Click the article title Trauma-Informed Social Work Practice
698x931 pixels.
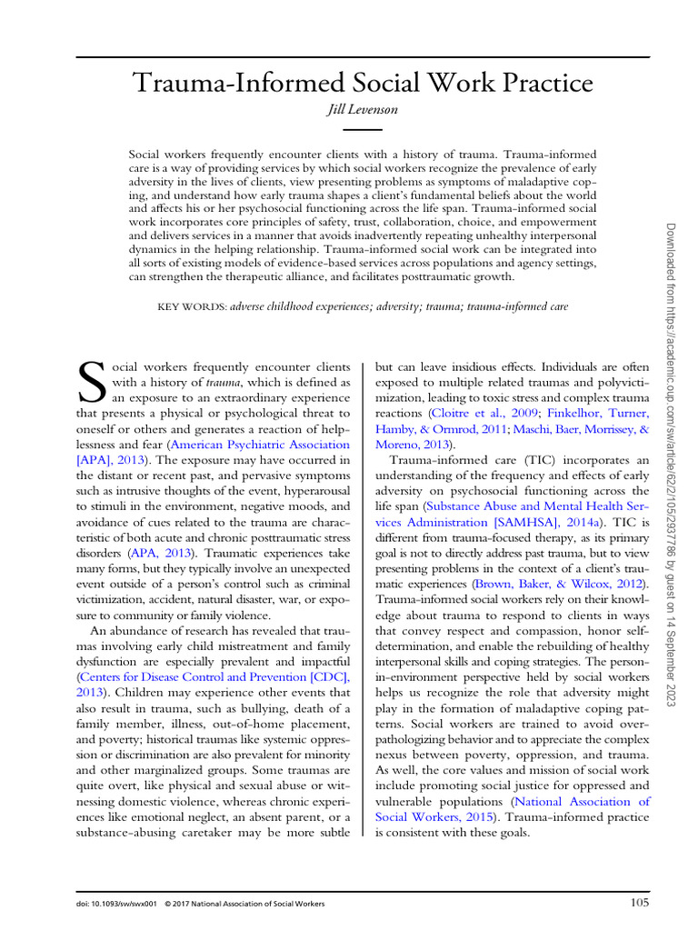pyautogui.click(x=363, y=85)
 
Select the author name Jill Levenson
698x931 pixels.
pyautogui.click(x=362, y=111)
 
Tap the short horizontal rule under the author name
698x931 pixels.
pyautogui.click(x=362, y=129)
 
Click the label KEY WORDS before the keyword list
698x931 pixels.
pyautogui.click(x=192, y=307)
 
